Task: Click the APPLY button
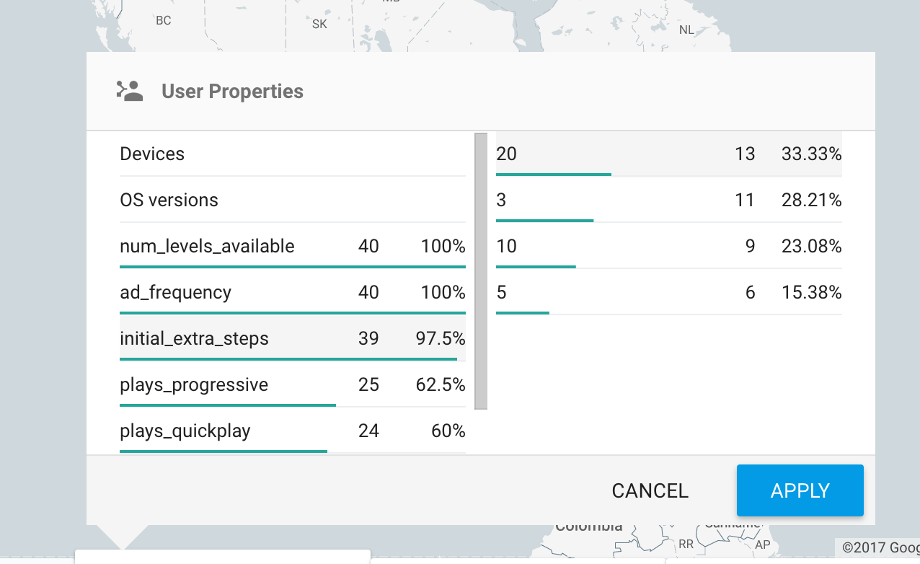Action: pos(800,490)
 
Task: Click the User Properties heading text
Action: pos(232,92)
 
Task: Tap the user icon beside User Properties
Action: pos(130,91)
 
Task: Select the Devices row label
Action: pos(152,154)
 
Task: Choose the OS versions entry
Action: pos(169,200)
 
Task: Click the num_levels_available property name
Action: pos(207,246)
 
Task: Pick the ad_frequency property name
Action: pos(175,292)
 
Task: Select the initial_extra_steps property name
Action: pos(194,338)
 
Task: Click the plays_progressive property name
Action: pos(194,384)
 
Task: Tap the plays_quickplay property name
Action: pos(185,431)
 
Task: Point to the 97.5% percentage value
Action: pos(440,338)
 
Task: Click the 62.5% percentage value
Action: pos(440,384)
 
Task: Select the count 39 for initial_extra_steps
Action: pos(368,338)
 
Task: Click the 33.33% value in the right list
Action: pos(811,154)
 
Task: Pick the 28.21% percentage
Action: pos(811,200)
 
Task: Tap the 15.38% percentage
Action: pos(811,292)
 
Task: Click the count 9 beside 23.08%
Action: pos(750,246)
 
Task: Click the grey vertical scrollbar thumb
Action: pos(480,270)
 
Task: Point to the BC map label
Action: pos(164,20)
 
